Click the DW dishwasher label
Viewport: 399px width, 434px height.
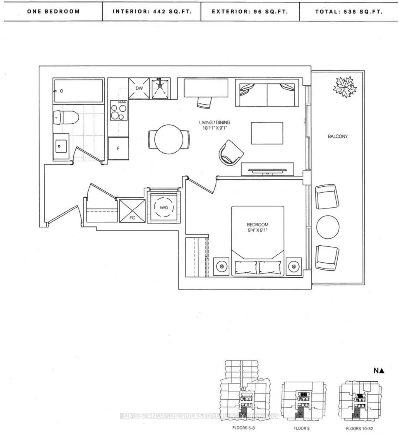139,88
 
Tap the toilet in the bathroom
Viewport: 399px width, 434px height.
66,118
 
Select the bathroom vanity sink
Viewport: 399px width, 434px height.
61,146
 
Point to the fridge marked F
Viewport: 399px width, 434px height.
118,148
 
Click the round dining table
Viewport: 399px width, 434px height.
169,139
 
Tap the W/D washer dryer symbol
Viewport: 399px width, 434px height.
164,208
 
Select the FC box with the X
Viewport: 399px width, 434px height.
132,211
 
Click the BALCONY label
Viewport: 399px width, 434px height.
338,136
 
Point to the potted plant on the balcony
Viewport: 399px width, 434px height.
345,87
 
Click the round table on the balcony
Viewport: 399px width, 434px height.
328,227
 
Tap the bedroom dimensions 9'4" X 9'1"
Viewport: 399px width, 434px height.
258,230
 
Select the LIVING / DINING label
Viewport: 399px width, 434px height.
214,123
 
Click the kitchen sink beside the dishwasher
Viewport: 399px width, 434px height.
160,89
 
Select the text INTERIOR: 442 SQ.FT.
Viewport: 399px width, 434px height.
152,12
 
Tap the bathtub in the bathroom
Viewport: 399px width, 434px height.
78,91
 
